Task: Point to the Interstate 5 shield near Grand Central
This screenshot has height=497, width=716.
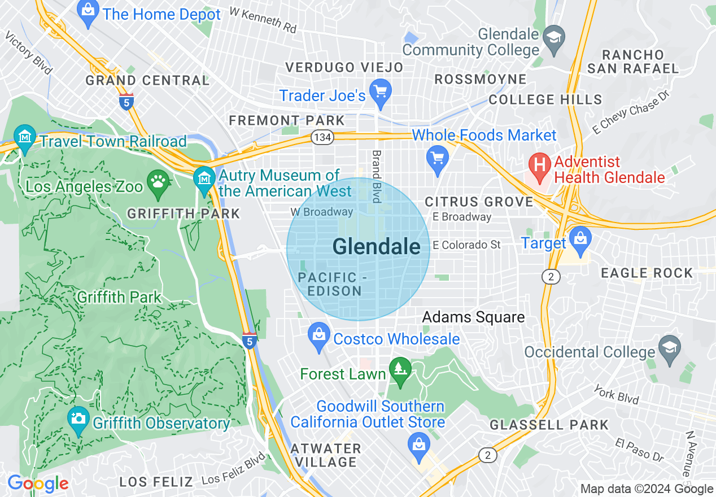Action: tap(127, 102)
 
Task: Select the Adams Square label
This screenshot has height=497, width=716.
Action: tap(473, 317)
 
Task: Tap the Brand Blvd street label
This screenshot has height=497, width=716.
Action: tap(376, 176)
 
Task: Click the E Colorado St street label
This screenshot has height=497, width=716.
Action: tap(466, 245)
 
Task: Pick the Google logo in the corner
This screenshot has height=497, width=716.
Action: tap(38, 483)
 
